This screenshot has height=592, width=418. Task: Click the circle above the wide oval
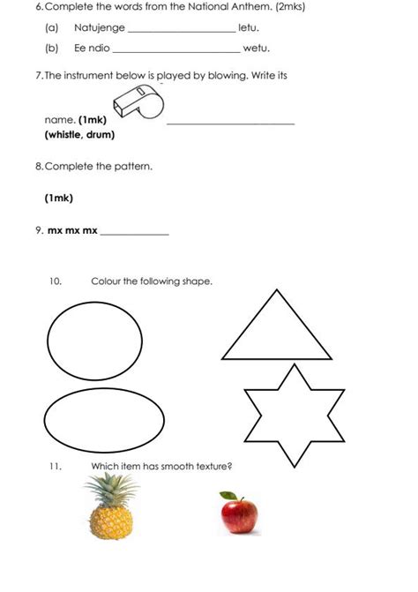coord(93,340)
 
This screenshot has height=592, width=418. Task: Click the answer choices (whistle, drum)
coord(79,135)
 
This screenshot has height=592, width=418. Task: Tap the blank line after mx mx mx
coord(134,233)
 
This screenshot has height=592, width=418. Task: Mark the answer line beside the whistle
coord(230,122)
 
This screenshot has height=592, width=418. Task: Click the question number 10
coord(56,281)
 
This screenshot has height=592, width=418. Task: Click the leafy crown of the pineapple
coord(112,484)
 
